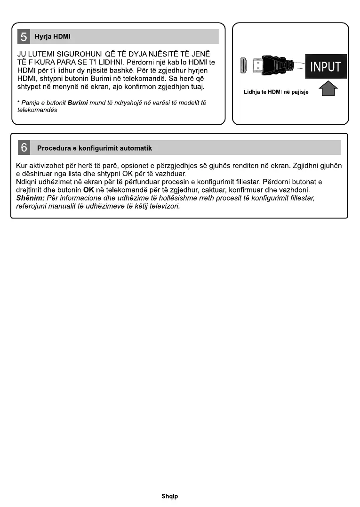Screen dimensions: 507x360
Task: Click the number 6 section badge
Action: (24, 148)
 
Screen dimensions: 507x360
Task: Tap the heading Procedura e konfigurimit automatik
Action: (95, 148)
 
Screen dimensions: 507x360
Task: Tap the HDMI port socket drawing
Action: (244, 67)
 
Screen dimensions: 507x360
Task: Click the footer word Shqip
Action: (170, 496)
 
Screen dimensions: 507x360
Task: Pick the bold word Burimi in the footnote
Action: (78, 103)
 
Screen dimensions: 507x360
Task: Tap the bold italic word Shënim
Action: (30, 198)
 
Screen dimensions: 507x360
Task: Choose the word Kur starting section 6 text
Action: (22, 166)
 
